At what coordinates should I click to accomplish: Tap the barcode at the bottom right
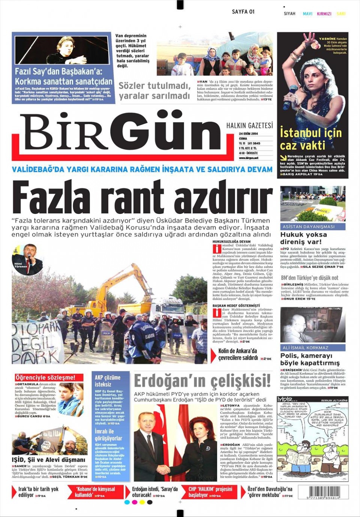[x=323, y=492]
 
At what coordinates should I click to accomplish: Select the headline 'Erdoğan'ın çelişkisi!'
[x=202, y=381]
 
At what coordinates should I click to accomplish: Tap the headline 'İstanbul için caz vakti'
[x=311, y=139]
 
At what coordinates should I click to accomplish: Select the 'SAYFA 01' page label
[x=243, y=12]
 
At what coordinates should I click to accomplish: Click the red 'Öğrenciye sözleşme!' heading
[x=45, y=378]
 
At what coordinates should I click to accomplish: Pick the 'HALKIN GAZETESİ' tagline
[x=249, y=126]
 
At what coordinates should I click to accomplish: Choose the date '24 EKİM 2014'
[x=248, y=133]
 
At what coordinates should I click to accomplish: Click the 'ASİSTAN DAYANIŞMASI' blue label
[x=309, y=226]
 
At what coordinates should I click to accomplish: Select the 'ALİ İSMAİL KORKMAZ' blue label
[x=306, y=348]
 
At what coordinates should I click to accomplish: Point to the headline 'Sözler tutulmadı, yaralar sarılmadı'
[x=154, y=91]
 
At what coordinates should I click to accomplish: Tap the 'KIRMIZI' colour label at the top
[x=324, y=14]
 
